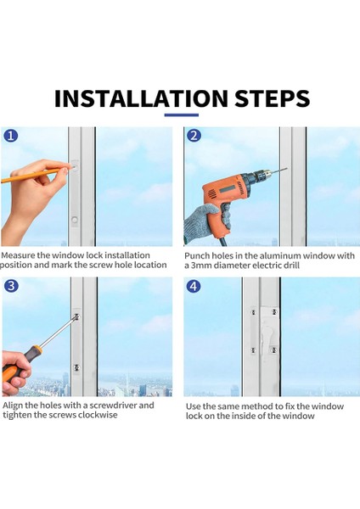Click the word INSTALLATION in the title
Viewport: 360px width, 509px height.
(x=141, y=98)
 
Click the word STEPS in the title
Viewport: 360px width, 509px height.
(x=273, y=98)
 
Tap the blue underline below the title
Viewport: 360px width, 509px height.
(x=182, y=115)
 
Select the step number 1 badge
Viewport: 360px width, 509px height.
(x=11, y=136)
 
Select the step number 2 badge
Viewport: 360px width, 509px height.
(x=194, y=136)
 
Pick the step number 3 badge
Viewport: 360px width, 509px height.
(x=11, y=286)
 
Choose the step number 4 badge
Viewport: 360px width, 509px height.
(x=194, y=287)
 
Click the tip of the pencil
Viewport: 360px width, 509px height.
(x=72, y=167)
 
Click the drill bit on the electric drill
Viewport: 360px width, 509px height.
(x=279, y=171)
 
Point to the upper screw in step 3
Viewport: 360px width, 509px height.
(x=76, y=316)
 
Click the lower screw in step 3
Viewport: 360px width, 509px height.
(x=77, y=368)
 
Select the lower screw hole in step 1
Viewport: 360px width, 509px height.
(x=75, y=220)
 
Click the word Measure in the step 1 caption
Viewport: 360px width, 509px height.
(x=18, y=255)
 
